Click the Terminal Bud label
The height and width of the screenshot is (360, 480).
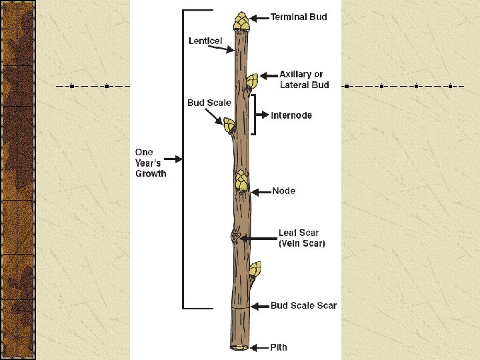click(298, 17)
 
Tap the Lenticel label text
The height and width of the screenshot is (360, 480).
click(205, 41)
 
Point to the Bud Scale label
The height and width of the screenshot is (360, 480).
click(209, 103)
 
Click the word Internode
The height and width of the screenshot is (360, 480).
click(291, 115)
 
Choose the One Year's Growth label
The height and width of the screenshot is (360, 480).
click(151, 163)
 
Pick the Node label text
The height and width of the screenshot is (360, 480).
click(283, 191)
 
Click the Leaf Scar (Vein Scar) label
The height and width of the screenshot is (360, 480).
click(301, 238)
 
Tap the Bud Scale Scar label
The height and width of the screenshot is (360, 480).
click(303, 306)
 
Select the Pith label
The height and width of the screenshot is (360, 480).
click(279, 347)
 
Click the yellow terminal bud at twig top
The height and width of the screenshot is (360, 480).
click(241, 21)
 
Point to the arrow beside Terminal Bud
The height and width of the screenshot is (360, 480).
click(259, 17)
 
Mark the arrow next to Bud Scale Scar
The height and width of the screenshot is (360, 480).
click(259, 306)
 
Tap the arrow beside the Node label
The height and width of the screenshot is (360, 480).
click(261, 191)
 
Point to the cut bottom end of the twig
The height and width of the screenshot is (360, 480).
click(239, 347)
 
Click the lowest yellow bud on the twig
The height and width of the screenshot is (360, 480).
click(254, 269)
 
